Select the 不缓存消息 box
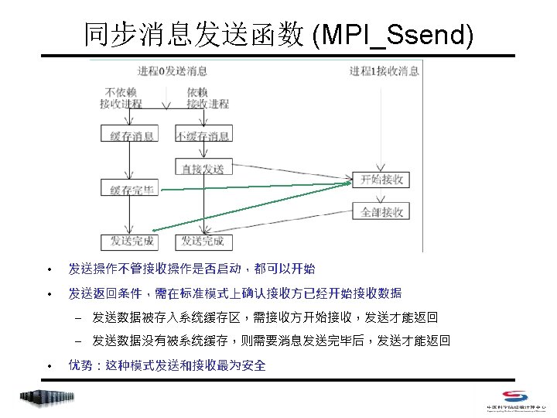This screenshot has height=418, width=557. (203, 135)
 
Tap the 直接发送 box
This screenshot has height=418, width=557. (203, 168)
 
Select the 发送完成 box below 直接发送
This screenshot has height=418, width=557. (203, 242)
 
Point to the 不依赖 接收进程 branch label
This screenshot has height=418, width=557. (121, 98)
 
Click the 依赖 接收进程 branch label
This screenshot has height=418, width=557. (207, 98)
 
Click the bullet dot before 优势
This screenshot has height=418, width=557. (48, 365)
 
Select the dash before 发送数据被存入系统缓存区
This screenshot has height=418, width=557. (78, 317)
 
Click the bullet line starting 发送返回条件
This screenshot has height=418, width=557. (234, 293)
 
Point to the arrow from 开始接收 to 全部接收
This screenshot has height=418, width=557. (380, 196)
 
